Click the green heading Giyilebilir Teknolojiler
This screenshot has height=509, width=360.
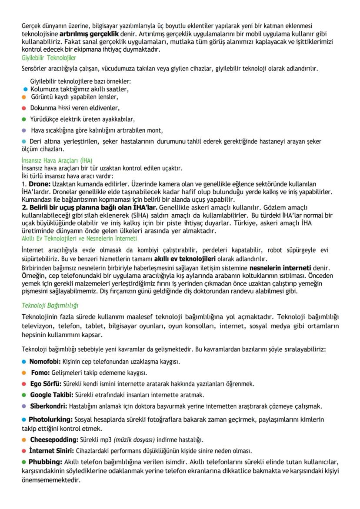coord(49,57)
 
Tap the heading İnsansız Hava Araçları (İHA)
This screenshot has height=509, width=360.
coord(57,160)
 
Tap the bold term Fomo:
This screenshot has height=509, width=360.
coord(40,373)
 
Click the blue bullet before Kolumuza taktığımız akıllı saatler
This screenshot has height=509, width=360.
coord(26,90)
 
